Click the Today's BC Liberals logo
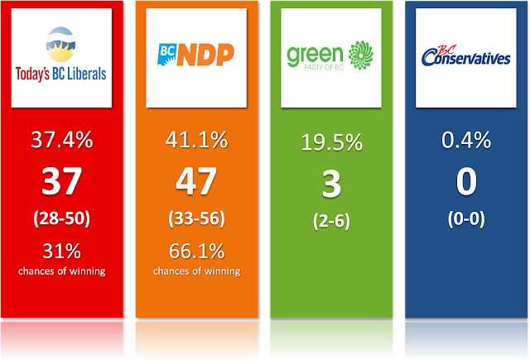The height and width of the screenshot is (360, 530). [60, 58]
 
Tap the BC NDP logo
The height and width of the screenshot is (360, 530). [195, 58]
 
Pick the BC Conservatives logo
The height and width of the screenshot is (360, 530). [465, 57]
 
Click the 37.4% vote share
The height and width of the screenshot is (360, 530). [60, 142]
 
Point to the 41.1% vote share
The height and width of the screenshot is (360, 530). [196, 142]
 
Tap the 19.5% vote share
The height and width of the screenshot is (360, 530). [331, 142]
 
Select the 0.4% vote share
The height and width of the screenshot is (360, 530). [466, 142]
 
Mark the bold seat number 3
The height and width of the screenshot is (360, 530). [331, 184]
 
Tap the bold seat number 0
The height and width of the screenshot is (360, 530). [466, 184]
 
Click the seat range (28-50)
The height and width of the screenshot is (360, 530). [60, 221]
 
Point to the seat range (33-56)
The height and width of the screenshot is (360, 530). [196, 221]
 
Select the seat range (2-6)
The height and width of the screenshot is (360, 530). [331, 222]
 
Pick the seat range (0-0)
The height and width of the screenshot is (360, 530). [466, 222]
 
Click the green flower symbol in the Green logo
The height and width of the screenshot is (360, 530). [362, 55]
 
